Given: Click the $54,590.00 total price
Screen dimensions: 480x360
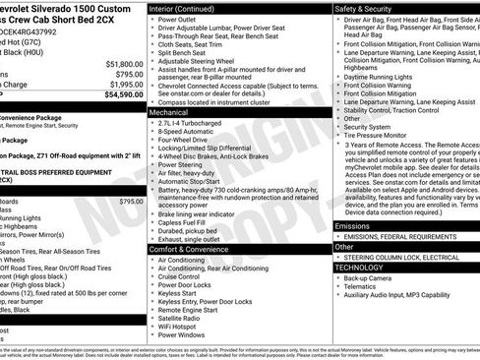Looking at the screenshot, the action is [x=118, y=95].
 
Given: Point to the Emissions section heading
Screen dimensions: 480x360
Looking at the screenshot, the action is [x=354, y=225].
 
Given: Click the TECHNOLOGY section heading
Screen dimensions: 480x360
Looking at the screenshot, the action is [x=360, y=267].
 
